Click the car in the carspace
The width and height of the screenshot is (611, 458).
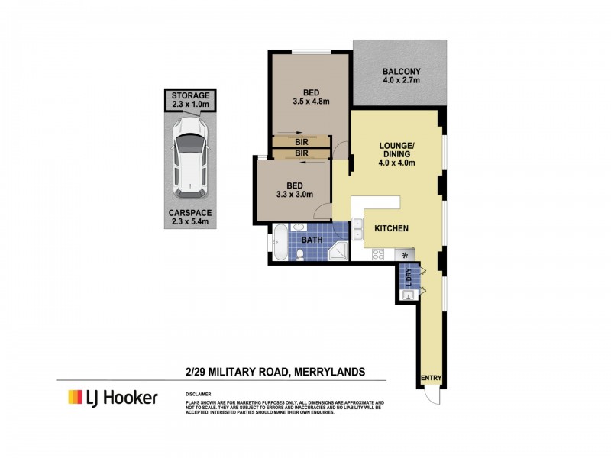pyautogui.click(x=189, y=154)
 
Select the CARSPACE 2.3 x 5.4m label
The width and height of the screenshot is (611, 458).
pyautogui.click(x=189, y=217)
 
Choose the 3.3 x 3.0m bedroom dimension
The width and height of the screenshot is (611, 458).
pyautogui.click(x=293, y=195)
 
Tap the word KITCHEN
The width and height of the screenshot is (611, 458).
pyautogui.click(x=391, y=228)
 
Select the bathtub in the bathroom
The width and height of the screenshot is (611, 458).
pyautogui.click(x=280, y=242)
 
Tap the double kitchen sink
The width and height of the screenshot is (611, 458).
pyautogui.click(x=357, y=230)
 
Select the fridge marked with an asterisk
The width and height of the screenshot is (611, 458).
pyautogui.click(x=403, y=255)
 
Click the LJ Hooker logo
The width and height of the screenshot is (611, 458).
pyautogui.click(x=112, y=397)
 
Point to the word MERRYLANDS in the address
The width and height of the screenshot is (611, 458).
pyautogui.click(x=328, y=372)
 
